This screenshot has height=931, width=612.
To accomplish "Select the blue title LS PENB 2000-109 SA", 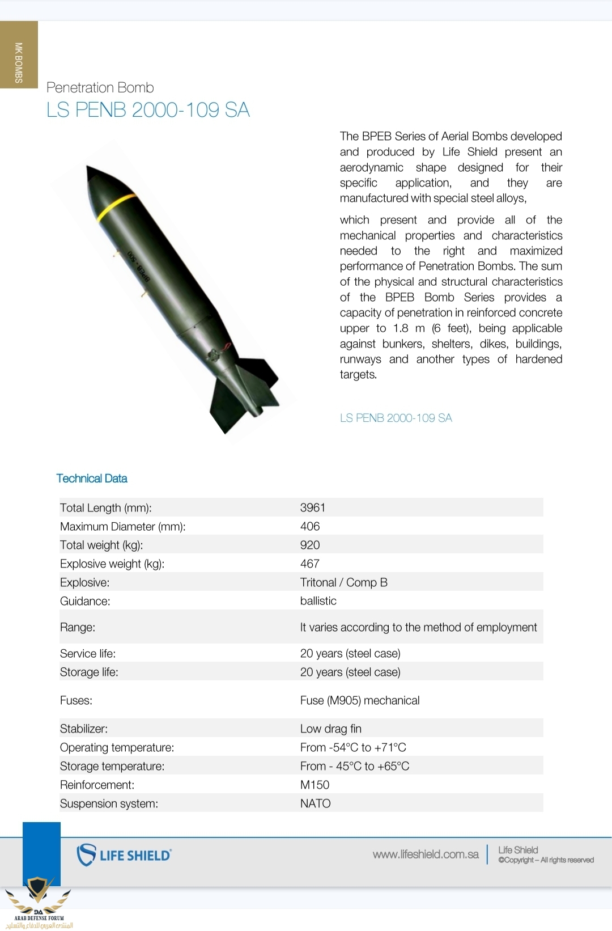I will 148,110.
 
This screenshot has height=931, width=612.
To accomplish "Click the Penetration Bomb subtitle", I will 100,88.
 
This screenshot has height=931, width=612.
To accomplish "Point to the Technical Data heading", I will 92,479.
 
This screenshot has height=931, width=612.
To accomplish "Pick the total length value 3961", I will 313,507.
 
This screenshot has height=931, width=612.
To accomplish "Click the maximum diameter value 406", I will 310,526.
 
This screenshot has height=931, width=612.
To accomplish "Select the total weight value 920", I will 310,545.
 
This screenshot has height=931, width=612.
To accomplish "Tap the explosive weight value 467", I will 310,564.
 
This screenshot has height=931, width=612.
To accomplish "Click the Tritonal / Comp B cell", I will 344,582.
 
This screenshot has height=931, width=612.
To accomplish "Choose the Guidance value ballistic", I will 318,601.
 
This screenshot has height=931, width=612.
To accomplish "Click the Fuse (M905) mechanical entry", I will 360,700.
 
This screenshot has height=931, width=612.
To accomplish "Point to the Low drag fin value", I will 331,729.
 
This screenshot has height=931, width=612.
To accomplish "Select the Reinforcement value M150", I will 315,785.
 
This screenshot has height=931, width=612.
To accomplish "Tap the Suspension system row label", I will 109,803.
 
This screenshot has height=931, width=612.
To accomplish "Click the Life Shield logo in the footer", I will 124,855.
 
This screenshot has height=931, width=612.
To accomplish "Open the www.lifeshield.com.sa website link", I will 426,854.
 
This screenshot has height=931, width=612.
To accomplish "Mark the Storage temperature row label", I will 112,766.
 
